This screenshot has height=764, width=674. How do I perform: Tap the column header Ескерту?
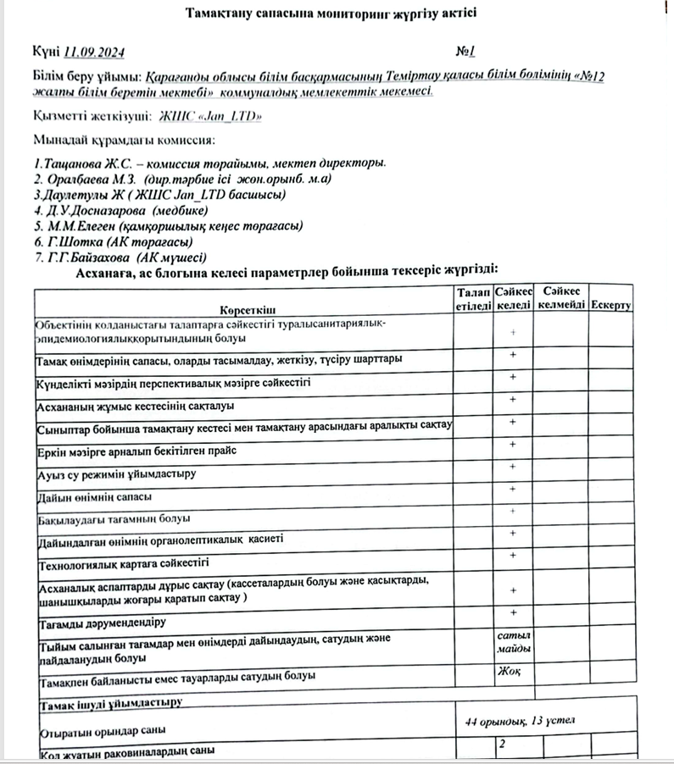pyautogui.click(x=611, y=305)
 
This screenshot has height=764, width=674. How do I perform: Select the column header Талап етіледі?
pyautogui.click(x=472, y=298)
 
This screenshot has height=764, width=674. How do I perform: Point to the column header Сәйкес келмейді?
pyautogui.click(x=561, y=298)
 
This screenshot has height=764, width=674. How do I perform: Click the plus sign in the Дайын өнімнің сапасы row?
pyautogui.click(x=513, y=490)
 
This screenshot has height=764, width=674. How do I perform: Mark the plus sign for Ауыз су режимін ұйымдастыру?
pyautogui.click(x=513, y=467)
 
